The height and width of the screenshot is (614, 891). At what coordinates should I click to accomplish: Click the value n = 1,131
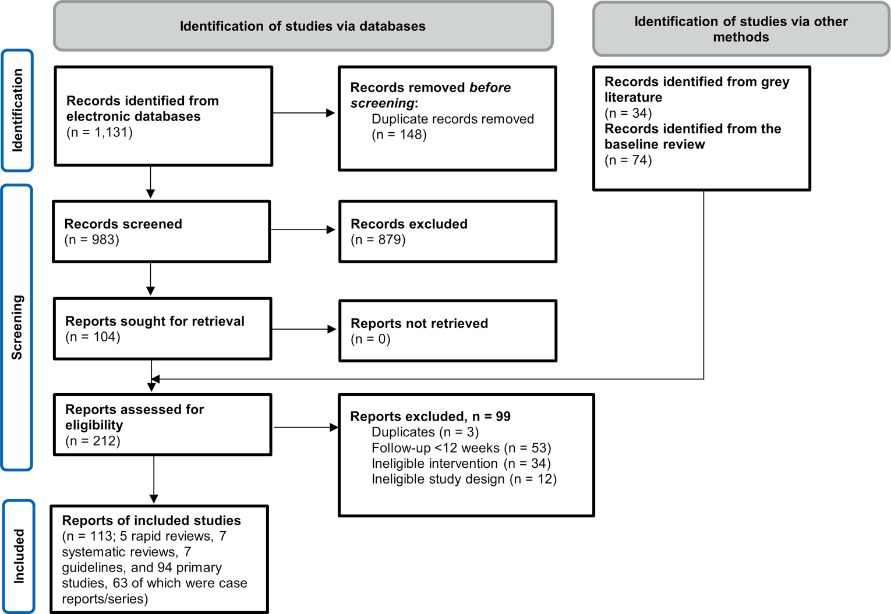click(x=100, y=132)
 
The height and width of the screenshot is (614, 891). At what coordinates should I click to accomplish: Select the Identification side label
click(x=17, y=110)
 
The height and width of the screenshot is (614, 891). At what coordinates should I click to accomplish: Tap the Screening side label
click(x=17, y=327)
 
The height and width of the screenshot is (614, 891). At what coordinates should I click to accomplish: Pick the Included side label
click(x=19, y=556)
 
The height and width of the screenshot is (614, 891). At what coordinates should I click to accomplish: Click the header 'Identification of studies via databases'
click(x=303, y=26)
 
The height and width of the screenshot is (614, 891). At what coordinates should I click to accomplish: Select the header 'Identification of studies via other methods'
click(x=741, y=29)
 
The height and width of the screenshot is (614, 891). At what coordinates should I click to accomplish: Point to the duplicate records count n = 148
click(x=399, y=135)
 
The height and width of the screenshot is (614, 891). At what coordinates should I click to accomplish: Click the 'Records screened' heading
click(x=123, y=224)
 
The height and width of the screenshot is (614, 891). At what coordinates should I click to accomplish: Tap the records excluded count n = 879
click(x=378, y=239)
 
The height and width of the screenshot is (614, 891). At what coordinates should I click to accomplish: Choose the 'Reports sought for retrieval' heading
click(x=155, y=321)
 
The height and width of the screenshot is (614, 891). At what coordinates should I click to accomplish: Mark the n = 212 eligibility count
click(x=93, y=441)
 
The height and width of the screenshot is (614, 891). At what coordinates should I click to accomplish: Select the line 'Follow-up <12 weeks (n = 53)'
click(x=461, y=447)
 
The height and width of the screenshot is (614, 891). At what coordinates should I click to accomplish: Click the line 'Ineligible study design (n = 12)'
click(x=464, y=479)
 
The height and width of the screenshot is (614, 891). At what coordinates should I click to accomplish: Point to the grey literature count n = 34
click(x=628, y=113)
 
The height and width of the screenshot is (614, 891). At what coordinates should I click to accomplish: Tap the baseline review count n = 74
click(x=628, y=160)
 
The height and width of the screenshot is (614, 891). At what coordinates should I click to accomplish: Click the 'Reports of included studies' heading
click(x=151, y=520)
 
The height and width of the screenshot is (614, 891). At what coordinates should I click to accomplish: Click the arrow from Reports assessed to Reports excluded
click(x=306, y=428)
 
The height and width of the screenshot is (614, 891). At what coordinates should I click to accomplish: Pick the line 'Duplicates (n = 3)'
click(x=425, y=432)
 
